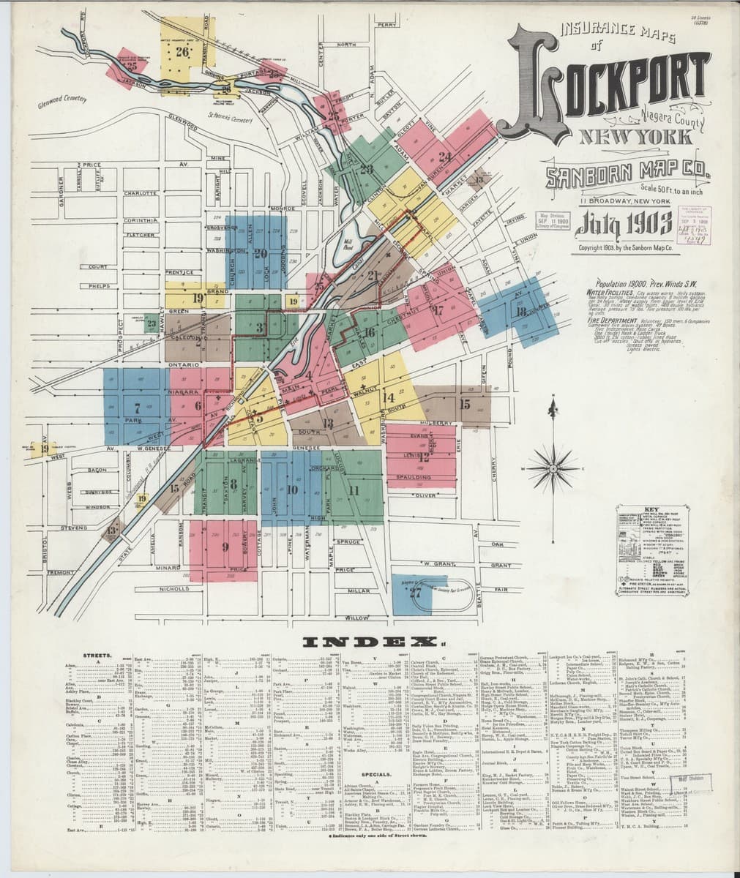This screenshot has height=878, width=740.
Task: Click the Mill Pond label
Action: coord(347,242)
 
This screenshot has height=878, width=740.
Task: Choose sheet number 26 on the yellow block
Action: coord(182,52)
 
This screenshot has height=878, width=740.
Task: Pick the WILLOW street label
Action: coord(357,618)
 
